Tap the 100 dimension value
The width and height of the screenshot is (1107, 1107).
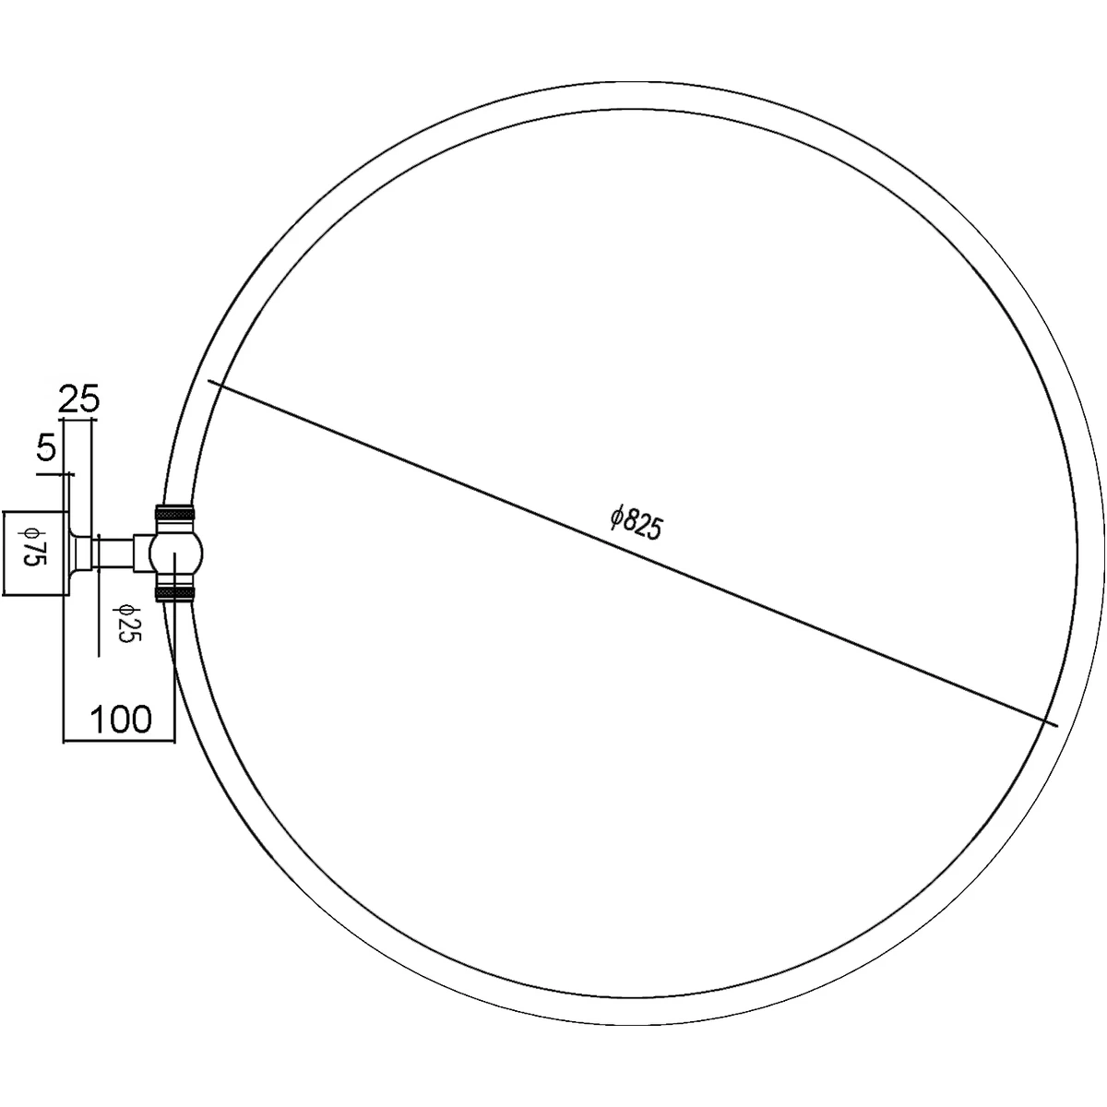120,718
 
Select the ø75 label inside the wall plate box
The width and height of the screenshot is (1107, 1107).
34,552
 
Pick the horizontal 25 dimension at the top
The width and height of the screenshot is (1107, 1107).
78,399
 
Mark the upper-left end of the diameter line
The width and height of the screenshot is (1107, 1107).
210,380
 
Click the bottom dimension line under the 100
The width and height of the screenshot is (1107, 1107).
118,740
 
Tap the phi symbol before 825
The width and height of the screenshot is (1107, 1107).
618,515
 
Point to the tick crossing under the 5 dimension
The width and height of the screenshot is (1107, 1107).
67,474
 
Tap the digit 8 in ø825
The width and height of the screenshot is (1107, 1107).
632,520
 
